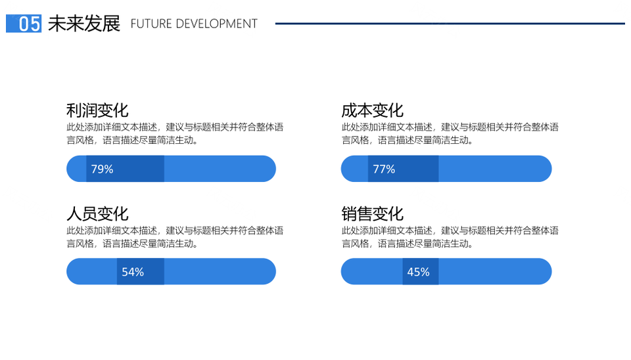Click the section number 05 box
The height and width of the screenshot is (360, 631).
24,24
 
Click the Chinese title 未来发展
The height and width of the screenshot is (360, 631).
84,24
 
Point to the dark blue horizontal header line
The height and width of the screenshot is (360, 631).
450,24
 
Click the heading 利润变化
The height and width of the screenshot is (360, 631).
97,110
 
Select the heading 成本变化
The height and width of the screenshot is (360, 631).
372,110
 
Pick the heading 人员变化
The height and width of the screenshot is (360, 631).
97,214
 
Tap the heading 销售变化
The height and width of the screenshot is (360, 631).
372,214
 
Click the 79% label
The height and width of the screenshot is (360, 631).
103,169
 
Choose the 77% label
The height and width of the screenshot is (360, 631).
384,169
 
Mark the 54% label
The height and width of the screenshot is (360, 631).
133,272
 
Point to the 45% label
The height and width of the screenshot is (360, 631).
418,272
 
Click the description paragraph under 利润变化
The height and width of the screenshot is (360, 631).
175,133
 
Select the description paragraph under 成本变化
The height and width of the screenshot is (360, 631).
450,133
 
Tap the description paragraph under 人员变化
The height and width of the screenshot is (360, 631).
175,237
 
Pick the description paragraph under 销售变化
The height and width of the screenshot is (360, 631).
450,237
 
